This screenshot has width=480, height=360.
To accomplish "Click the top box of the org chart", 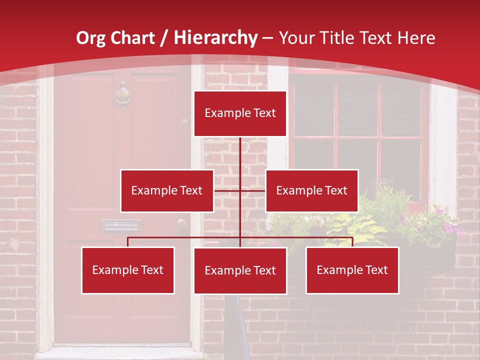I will pos(240,113).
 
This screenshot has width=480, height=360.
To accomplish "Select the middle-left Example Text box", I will pos(167,190).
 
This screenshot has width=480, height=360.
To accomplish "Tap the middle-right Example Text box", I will pos(311,190).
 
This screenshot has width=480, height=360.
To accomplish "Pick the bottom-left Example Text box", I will pos(128,270).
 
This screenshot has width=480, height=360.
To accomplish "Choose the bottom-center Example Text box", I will pos(240,270).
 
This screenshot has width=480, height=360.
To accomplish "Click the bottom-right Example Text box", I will pos(352,270).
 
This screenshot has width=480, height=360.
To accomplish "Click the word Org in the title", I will pos(91,38).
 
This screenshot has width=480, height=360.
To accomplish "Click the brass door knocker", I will pos(122,95).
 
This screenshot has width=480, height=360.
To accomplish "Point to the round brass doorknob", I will pos(181,223).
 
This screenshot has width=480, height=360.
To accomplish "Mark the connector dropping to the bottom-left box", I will pos(128,242).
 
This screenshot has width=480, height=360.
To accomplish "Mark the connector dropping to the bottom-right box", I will pos(352,242).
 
